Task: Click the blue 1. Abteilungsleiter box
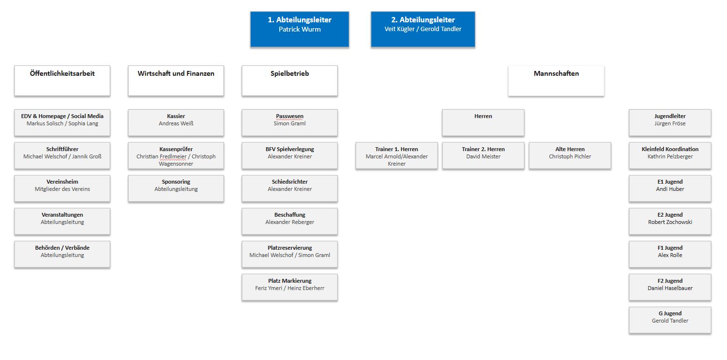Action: tap(300, 29)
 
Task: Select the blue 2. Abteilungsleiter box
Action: tap(423, 29)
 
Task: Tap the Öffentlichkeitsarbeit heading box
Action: tap(62, 81)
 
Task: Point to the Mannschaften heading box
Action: tap(556, 81)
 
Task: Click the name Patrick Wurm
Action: tap(300, 29)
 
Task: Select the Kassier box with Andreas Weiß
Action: tap(176, 122)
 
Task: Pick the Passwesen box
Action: tap(289, 122)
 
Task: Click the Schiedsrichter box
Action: tap(289, 189)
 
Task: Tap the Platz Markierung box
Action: tap(289, 287)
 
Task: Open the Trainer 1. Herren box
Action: tap(397, 155)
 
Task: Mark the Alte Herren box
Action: tap(570, 155)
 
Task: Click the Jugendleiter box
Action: tap(670, 122)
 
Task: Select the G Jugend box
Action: tap(670, 320)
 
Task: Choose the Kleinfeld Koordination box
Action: tap(670, 155)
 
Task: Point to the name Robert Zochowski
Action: tap(670, 222)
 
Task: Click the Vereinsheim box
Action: tap(62, 189)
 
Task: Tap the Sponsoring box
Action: tap(176, 189)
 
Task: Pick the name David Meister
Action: tap(483, 156)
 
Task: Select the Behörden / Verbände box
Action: tap(62, 254)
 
